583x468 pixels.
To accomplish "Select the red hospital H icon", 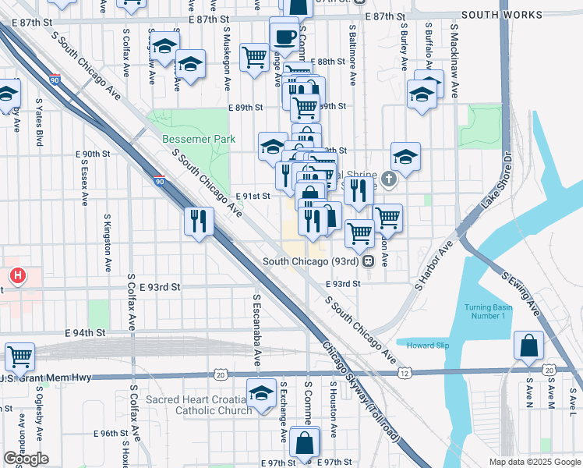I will click(17, 275).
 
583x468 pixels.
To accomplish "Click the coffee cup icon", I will click(284, 35).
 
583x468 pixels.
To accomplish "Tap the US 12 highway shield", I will click(405, 374).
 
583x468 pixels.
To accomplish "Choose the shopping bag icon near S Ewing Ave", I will click(528, 345).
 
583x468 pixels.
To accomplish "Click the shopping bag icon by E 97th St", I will click(304, 441).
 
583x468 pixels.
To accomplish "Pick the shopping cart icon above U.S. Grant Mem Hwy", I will click(19, 357).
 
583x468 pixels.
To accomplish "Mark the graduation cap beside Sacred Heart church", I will click(262, 392).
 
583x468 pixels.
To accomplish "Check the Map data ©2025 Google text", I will click(534, 462).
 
